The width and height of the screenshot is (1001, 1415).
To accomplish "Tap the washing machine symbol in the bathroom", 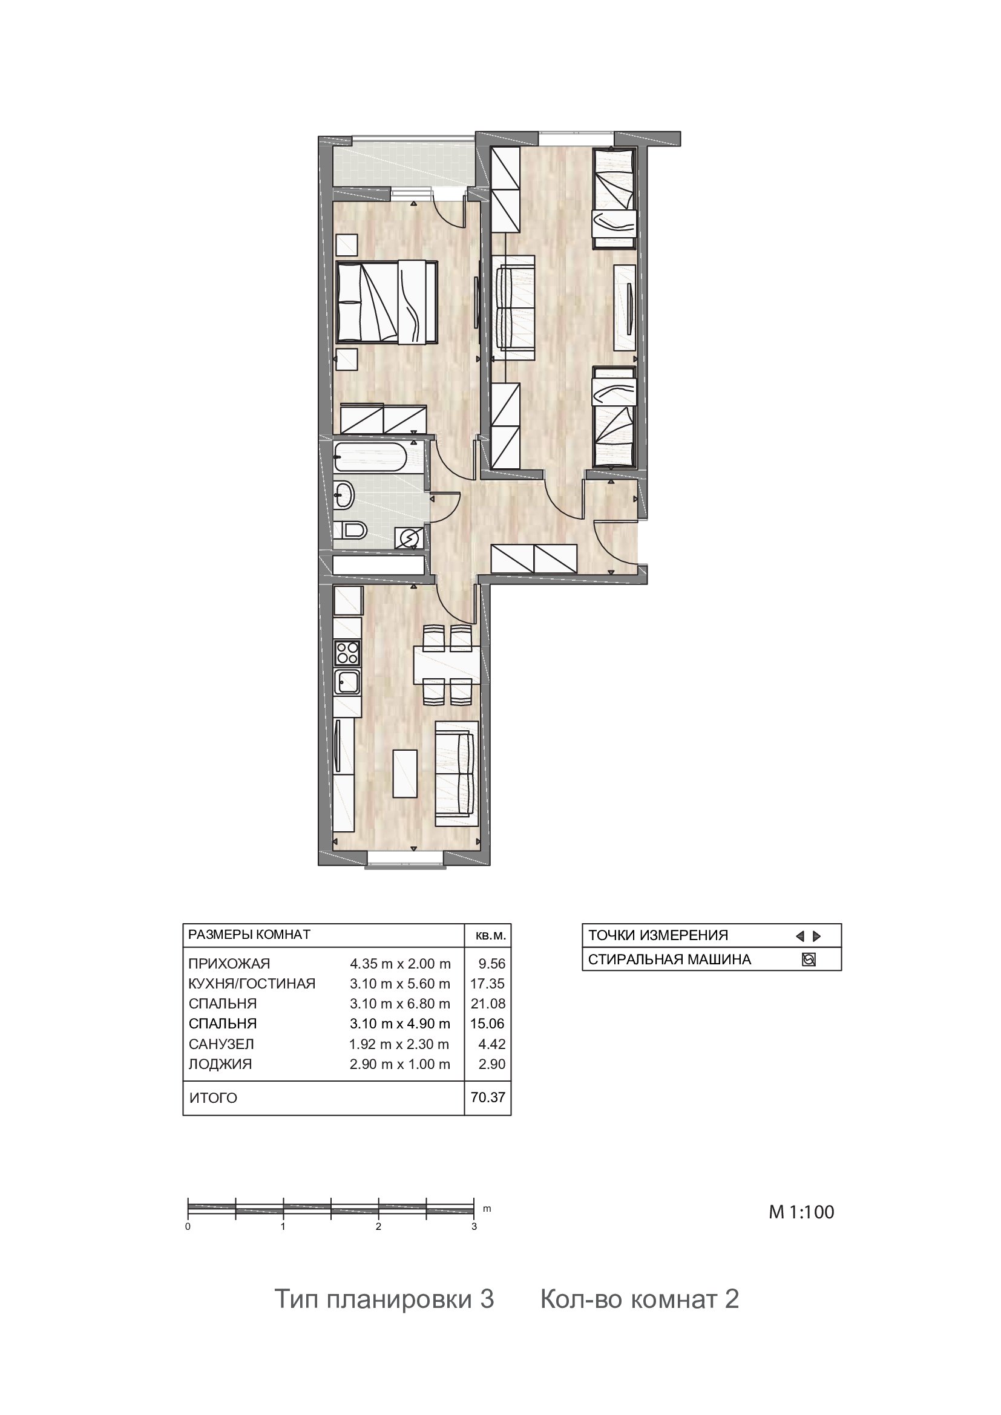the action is (409, 538).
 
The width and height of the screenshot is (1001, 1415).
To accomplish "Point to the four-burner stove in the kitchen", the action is (347, 653).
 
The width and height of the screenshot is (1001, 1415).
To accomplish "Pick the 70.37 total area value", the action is (488, 1097).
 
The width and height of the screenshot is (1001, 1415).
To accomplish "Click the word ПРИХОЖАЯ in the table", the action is (229, 963).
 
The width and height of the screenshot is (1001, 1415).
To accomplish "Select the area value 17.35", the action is (488, 984).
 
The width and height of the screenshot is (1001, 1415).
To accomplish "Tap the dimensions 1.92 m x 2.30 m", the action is (399, 1044).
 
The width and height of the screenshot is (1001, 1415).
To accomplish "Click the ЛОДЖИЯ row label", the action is (220, 1064).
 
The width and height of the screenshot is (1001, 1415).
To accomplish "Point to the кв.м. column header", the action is (491, 935).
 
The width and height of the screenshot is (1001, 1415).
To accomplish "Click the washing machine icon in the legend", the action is (809, 959).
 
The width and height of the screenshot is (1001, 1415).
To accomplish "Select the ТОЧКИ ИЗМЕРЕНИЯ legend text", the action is (658, 935).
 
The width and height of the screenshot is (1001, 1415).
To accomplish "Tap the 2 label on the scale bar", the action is (378, 1226).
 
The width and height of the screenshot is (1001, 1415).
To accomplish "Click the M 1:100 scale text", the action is (801, 1212).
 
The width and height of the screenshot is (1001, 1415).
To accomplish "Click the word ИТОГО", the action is (212, 1098).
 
